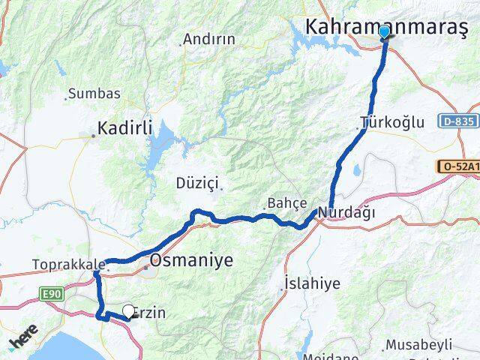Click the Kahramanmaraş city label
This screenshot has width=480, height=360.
click(x=386, y=27)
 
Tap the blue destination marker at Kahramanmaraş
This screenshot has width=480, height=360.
click(x=385, y=31)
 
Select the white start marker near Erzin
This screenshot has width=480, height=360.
click(x=128, y=310)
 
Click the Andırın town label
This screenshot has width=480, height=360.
click(x=209, y=39)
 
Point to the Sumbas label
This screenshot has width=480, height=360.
click(x=94, y=94)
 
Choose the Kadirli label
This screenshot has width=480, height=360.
click(x=124, y=128)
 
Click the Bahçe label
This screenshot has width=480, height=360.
click(x=288, y=203)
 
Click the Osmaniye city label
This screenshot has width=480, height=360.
click(x=191, y=261)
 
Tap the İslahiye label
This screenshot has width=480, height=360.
click(x=312, y=283)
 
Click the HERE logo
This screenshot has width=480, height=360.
click(x=22, y=335)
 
